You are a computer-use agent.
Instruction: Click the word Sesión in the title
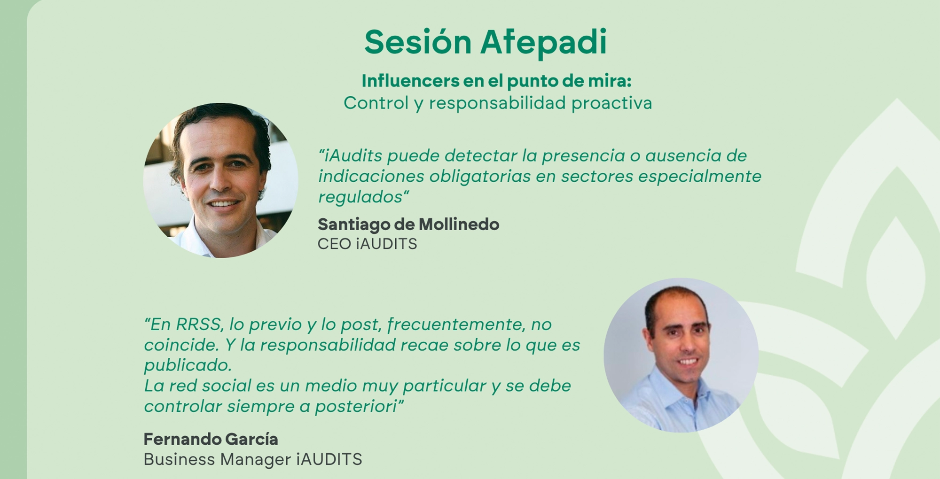pos(418,42)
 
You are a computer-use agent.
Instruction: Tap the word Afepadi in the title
pos(544,42)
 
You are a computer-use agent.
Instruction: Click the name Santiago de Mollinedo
pos(408,224)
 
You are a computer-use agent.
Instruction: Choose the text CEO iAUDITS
pos(367,244)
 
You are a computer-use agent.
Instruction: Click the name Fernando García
pos(211,439)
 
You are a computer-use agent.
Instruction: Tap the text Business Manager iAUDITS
pos(253,459)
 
